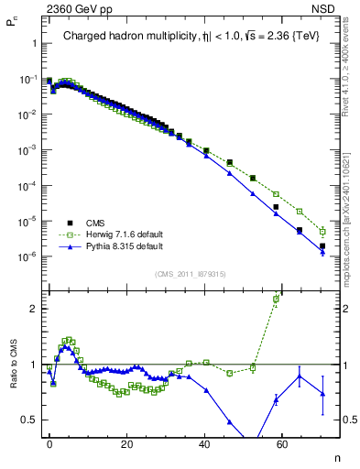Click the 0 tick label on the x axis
[49, 443]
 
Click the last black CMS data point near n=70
[322, 246]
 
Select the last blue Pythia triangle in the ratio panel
[322, 394]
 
